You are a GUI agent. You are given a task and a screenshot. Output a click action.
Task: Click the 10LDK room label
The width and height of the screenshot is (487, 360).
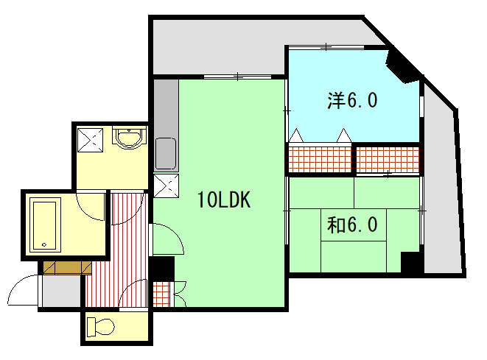224,200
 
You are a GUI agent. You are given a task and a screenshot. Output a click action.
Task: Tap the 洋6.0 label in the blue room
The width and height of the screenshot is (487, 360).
352,100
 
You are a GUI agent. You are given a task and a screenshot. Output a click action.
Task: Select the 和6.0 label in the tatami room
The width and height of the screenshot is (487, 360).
352,225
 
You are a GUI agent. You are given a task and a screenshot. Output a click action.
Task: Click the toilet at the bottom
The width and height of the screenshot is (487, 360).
101,327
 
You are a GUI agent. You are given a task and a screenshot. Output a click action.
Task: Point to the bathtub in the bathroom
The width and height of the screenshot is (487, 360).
46,225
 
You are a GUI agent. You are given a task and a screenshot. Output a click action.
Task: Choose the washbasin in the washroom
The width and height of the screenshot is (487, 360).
129,137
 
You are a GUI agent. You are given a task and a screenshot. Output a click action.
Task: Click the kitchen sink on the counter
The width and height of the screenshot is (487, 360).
166,154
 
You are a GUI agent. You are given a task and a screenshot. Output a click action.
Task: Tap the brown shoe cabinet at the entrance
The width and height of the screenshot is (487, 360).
67,268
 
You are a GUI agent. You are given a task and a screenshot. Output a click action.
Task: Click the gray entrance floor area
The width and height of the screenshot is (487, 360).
61,291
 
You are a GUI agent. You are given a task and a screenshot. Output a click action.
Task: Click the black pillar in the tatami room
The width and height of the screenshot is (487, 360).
410,262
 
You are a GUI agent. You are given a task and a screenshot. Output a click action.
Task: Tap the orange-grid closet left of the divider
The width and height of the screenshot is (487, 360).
320,160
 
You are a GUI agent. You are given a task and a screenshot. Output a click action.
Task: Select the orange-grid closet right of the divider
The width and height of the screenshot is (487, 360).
388,160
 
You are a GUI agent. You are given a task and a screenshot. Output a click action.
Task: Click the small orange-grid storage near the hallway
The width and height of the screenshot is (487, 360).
161,294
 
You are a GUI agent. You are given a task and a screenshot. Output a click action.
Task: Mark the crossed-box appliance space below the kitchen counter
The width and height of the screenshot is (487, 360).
167,186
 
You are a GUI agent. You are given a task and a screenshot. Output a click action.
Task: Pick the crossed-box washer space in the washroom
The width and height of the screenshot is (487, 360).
90,140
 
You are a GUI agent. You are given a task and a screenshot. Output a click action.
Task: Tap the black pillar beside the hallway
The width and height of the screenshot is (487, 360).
163,269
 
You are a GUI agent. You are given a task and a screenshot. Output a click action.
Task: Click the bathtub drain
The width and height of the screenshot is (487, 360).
44,245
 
